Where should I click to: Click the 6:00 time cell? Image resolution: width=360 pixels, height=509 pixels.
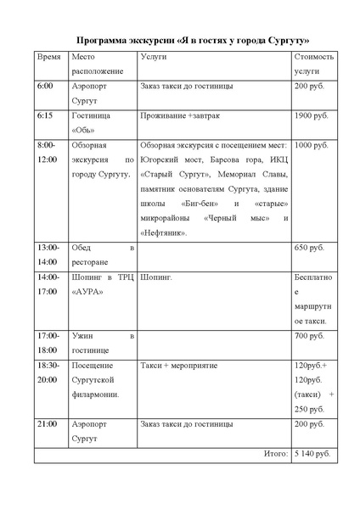coord(45,87)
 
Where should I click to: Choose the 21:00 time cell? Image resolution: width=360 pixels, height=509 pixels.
coord(48,422)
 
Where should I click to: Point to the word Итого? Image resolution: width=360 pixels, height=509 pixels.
coord(275,455)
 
